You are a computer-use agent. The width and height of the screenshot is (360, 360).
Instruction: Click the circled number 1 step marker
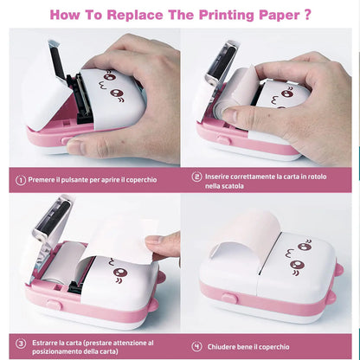pos(22,180)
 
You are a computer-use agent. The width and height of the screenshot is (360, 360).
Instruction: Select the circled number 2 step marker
pos(197,176)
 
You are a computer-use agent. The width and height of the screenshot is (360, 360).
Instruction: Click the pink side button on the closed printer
pos(229,298)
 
